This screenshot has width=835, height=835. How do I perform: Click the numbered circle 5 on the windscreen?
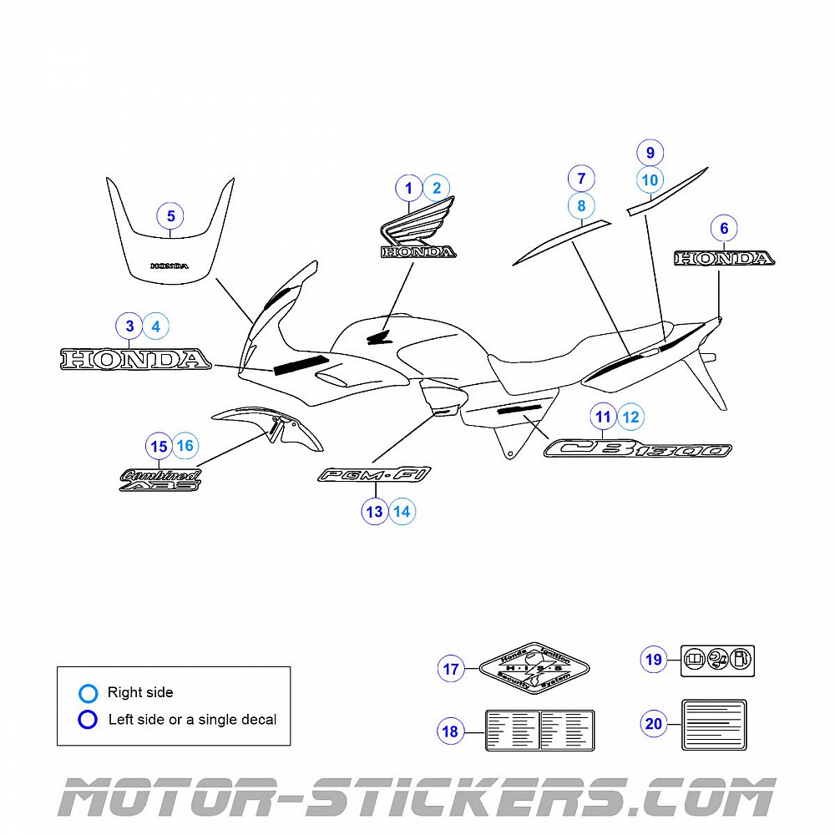pos(170,216)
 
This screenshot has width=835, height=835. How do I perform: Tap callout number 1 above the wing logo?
pos(409,189)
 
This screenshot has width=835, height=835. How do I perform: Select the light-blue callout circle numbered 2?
pos(436,189)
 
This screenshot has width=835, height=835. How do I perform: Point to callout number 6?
pos(724,228)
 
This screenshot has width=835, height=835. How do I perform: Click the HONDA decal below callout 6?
pos(724,259)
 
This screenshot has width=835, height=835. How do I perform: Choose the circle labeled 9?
pos(650,153)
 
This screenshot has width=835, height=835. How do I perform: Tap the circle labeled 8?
pos(581,205)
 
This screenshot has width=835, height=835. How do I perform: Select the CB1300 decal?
pos(639,449)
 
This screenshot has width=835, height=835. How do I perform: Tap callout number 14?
pos(402,512)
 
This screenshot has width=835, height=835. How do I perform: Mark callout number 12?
pos(630,417)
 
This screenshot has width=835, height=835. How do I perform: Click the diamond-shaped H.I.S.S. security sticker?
pos(535,669)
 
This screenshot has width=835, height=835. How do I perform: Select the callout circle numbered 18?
pos(451,732)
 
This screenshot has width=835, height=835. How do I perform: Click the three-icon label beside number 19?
pos(718,660)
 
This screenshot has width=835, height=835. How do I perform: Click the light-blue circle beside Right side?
pos(89,692)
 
